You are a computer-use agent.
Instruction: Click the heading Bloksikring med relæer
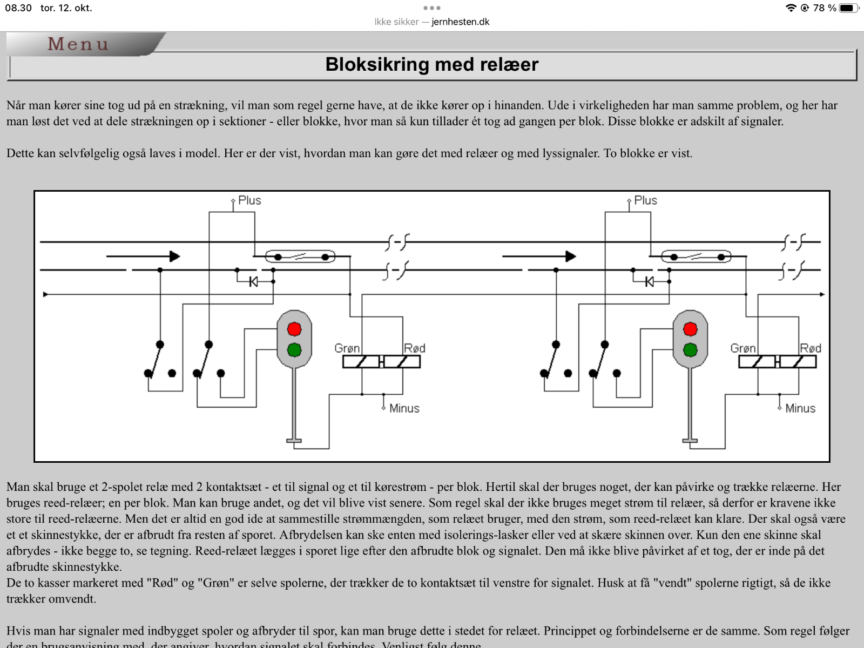coord(432,64)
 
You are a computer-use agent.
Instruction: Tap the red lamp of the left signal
coord(294,329)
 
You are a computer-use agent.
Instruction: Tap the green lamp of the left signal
coord(294,350)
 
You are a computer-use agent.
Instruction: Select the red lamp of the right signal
coord(691,329)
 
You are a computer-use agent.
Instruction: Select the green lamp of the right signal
coord(691,350)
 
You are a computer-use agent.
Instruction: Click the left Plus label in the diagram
coord(249,200)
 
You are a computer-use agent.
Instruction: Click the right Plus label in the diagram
coord(645,200)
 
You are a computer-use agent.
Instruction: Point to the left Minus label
coord(404,408)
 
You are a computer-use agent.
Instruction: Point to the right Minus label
coord(800,408)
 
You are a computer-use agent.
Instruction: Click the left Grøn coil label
coord(347,348)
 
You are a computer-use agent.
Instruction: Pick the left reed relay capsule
coord(300,256)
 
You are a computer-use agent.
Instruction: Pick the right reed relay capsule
coord(696,256)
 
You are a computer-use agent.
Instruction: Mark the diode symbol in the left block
coord(253,282)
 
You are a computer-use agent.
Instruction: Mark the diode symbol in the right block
coord(650,282)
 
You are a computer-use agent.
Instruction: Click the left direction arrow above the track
coord(143,256)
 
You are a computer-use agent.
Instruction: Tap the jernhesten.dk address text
coord(461,22)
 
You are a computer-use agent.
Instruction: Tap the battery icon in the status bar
coord(848,8)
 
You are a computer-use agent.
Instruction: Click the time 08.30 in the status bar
coord(18,8)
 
